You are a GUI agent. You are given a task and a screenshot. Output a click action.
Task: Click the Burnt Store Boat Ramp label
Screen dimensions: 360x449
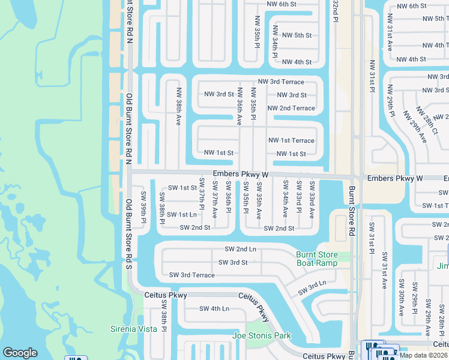316,259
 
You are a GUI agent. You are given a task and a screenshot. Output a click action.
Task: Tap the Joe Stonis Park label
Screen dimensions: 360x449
261,336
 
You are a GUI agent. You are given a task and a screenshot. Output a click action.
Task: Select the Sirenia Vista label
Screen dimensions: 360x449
133,329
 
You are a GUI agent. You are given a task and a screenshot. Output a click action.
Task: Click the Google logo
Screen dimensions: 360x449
20,353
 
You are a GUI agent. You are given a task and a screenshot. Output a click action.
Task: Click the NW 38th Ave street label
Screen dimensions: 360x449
178,106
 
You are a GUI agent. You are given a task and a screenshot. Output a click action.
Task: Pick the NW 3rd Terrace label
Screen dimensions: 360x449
281,82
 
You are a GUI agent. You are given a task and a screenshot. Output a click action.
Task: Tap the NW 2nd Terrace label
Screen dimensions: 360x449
291,108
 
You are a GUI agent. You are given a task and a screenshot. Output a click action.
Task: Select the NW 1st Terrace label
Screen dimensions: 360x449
291,140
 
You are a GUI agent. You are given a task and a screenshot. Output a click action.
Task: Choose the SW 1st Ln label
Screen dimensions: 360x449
182,214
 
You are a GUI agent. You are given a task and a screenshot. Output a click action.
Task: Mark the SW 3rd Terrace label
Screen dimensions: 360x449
191,275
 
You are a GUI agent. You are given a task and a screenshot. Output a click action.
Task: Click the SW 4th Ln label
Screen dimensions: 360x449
214,309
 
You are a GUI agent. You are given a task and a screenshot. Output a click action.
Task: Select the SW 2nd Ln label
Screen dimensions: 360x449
240,249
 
